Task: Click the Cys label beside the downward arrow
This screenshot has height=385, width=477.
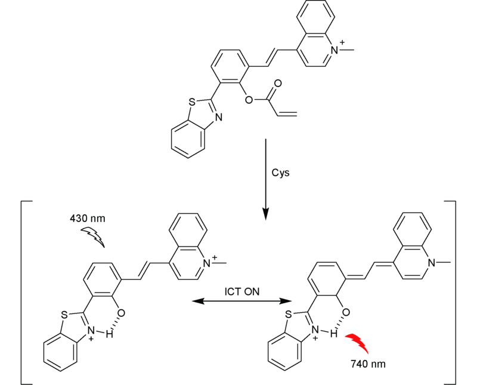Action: pos(279,172)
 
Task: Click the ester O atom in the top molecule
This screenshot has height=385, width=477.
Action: pos(248,100)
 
